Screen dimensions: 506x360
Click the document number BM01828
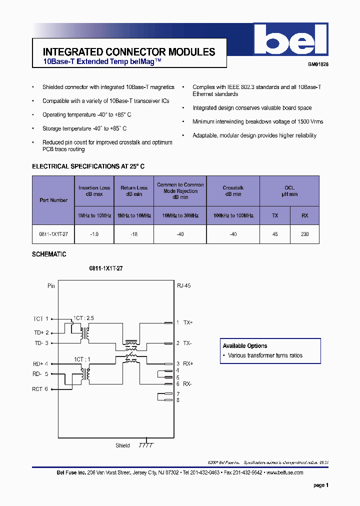click(x=317, y=64)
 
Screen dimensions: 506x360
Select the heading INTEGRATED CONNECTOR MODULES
click(x=129, y=52)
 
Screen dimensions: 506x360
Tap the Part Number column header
click(x=53, y=200)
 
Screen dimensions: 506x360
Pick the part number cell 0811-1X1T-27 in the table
click(x=53, y=234)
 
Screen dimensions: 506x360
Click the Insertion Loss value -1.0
click(x=94, y=234)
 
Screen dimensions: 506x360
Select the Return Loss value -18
click(x=134, y=234)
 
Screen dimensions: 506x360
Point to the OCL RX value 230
click(x=305, y=234)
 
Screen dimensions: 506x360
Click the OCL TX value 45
click(x=275, y=234)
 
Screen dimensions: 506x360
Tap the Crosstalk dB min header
click(x=232, y=191)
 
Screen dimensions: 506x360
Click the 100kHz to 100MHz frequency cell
click(x=233, y=215)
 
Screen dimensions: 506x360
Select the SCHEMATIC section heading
click(x=49, y=254)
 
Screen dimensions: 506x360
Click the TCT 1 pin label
click(x=40, y=319)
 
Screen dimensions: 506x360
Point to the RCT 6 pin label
click(x=40, y=389)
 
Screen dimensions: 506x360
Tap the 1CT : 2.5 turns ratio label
click(x=83, y=318)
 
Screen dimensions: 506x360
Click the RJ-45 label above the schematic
click(x=184, y=286)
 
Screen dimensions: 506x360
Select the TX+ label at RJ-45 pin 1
click(x=187, y=323)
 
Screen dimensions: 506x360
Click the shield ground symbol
click(x=146, y=445)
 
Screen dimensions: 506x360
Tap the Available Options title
click(x=245, y=346)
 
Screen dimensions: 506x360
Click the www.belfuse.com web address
click(x=284, y=472)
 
